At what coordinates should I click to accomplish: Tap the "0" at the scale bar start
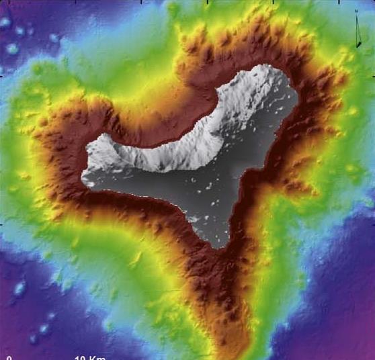[x=9, y=357]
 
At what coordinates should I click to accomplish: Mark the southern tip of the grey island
[x=219, y=246]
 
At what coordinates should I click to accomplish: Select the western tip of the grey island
[x=83, y=180]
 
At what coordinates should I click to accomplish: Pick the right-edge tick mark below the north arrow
[x=372, y=73]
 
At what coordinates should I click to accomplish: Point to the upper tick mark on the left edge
[x=2, y=74]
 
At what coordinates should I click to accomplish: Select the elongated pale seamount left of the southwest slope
[x=19, y=288]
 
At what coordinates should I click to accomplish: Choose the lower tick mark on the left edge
[x=2, y=224]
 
